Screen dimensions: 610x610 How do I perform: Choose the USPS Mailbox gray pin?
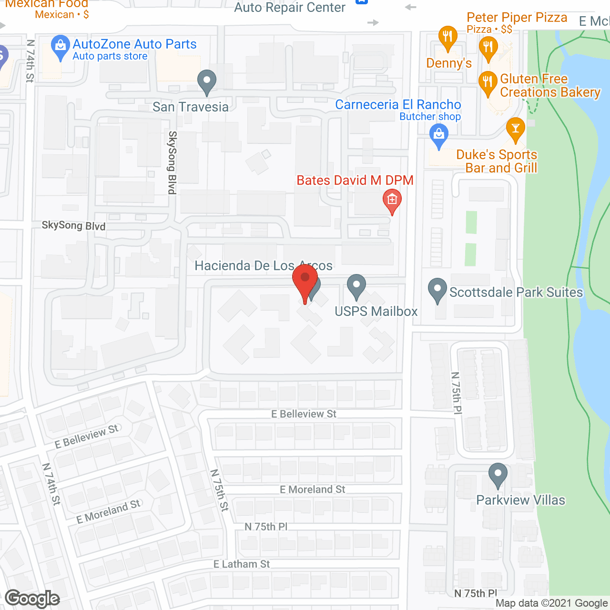click(356, 286)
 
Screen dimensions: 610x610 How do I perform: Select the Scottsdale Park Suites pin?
click(437, 290)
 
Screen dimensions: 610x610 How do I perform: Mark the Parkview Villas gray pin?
click(498, 475)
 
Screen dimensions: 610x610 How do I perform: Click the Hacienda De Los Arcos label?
click(263, 266)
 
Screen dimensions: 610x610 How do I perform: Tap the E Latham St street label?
click(242, 564)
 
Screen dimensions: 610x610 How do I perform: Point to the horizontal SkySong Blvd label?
click(73, 225)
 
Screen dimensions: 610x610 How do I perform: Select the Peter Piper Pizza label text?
click(517, 18)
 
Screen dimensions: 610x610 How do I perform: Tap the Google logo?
click(32, 599)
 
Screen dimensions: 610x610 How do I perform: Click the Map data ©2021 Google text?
click(551, 603)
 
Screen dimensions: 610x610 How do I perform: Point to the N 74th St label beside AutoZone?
click(30, 61)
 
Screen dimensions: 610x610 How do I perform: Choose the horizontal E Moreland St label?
click(312, 489)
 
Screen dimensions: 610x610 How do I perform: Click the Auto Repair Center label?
click(290, 8)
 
